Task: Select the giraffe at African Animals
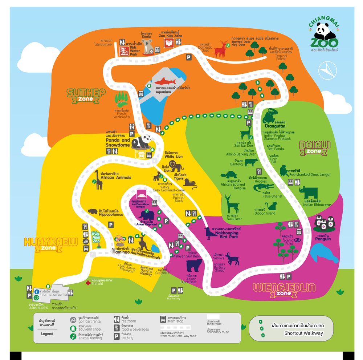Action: coord(98,179)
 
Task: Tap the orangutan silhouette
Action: coord(270,116)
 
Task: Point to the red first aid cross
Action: coord(87,282)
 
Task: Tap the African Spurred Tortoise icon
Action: coord(229,175)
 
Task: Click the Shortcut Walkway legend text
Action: coord(303,333)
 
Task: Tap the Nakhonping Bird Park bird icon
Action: coord(210,233)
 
